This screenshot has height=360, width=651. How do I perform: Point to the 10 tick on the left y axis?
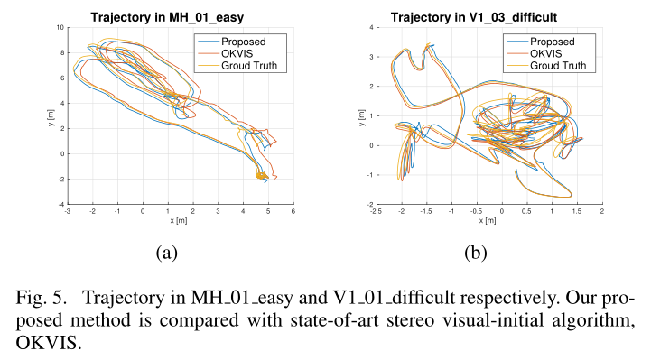coord(60,28)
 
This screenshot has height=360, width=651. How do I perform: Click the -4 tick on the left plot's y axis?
coord(60,205)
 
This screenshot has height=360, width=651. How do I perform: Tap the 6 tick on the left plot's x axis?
coord(293,212)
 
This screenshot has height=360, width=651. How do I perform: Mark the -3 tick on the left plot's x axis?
coord(68,212)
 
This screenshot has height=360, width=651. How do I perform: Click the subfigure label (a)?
coord(166,254)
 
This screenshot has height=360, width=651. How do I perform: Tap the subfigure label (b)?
coord(475,254)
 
